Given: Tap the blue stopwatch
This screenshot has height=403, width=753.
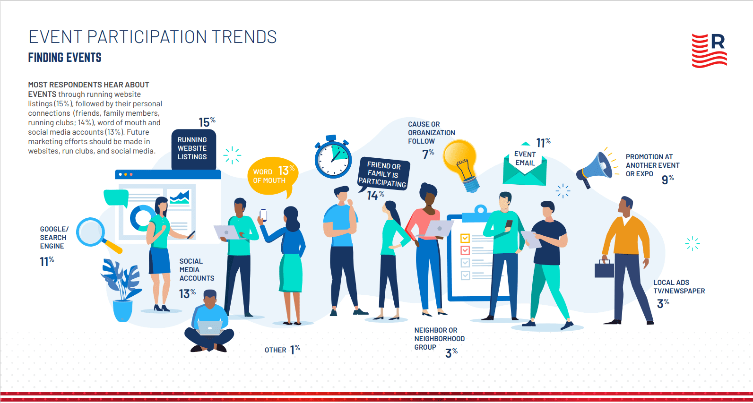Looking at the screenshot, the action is coord(333,157).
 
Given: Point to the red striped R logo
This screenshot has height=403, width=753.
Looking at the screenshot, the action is coord(710,51).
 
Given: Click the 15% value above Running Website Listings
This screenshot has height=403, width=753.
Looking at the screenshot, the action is coord(207,122).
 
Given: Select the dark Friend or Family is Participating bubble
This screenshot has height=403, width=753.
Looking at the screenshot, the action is coord(383,174).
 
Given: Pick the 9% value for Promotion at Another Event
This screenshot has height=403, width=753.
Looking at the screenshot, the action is coord(667,180).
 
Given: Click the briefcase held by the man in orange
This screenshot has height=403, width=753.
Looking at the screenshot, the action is coord(604,269).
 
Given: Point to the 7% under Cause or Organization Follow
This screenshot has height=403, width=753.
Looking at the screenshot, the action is coord(428,154).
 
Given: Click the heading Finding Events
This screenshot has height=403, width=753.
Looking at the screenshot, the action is coord(65,58).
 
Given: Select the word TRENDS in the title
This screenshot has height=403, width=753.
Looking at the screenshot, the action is coord(244,37).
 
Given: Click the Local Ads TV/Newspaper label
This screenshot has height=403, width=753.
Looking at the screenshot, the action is coord(679,287).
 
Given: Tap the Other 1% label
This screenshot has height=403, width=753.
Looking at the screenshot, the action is coord(282,350).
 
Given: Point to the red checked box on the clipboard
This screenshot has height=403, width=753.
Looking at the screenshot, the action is coord(465,250).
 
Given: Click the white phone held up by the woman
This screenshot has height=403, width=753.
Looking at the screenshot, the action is coord(264,215).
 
